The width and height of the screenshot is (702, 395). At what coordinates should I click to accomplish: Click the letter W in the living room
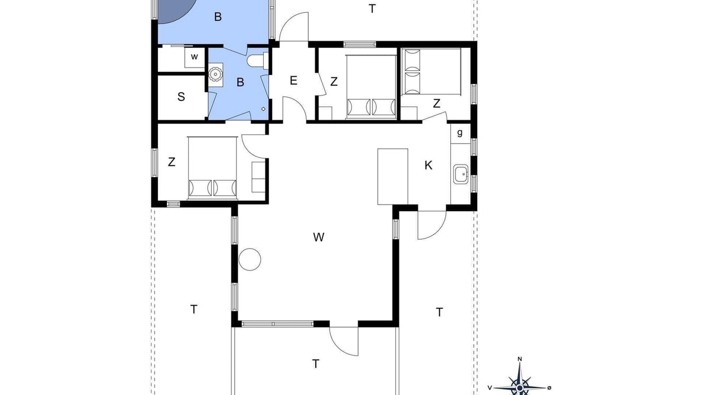pos(319,238)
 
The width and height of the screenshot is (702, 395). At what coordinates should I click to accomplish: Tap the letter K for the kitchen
pos(428,165)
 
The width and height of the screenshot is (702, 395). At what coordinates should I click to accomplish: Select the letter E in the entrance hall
pos(293,81)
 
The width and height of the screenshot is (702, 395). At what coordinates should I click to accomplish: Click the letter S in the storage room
pos(181,97)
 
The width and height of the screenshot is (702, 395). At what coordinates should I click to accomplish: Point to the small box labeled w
pos(195,57)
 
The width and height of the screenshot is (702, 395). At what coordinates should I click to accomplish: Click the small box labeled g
pos(460,133)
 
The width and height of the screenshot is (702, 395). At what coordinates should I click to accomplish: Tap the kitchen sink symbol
pos(461,174)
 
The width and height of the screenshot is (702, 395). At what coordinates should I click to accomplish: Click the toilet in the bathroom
pos(258,60)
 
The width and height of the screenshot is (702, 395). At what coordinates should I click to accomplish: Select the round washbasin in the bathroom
pos(216,74)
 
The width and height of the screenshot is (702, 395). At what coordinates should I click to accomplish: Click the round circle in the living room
pos(250,259)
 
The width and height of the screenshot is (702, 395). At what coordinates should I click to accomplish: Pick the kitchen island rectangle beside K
pos(393,177)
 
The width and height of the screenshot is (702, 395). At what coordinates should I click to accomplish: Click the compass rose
pos(519,384)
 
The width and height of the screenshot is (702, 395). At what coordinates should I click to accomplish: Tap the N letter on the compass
pos(519,359)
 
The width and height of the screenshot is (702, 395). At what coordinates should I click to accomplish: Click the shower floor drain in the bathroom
pos(263,109)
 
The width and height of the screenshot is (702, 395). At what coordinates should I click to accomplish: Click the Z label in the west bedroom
pos(172,162)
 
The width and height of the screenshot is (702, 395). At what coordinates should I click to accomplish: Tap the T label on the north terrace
pos(372,9)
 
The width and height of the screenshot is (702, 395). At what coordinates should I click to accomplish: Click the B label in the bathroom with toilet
pos(240,82)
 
